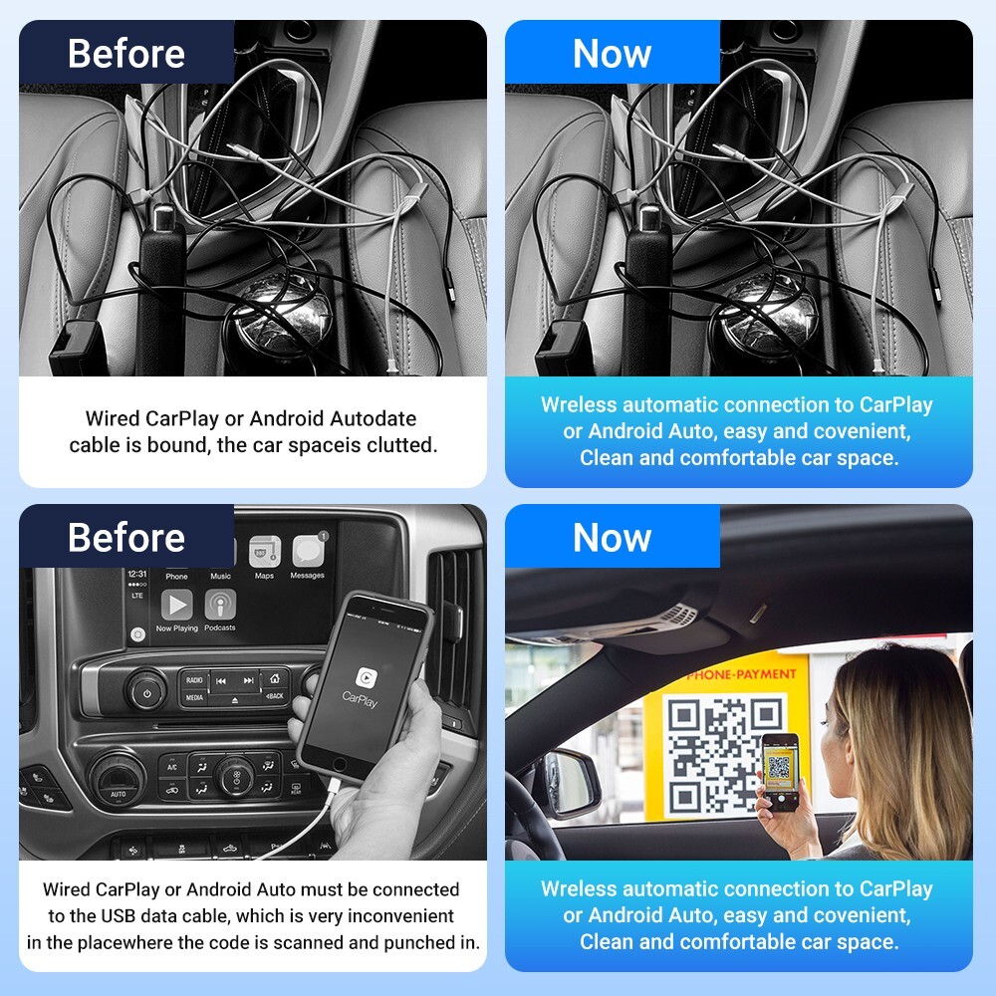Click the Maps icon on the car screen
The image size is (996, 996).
[264, 553]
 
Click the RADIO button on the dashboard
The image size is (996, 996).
[194, 680]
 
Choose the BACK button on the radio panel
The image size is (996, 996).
[274, 695]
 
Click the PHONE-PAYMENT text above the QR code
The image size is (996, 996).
[741, 674]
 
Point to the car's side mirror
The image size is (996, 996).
[568, 778]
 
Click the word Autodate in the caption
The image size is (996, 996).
[373, 419]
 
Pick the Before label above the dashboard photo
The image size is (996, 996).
[126, 538]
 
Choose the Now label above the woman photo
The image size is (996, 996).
[612, 538]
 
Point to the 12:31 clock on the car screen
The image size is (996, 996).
[137, 574]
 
